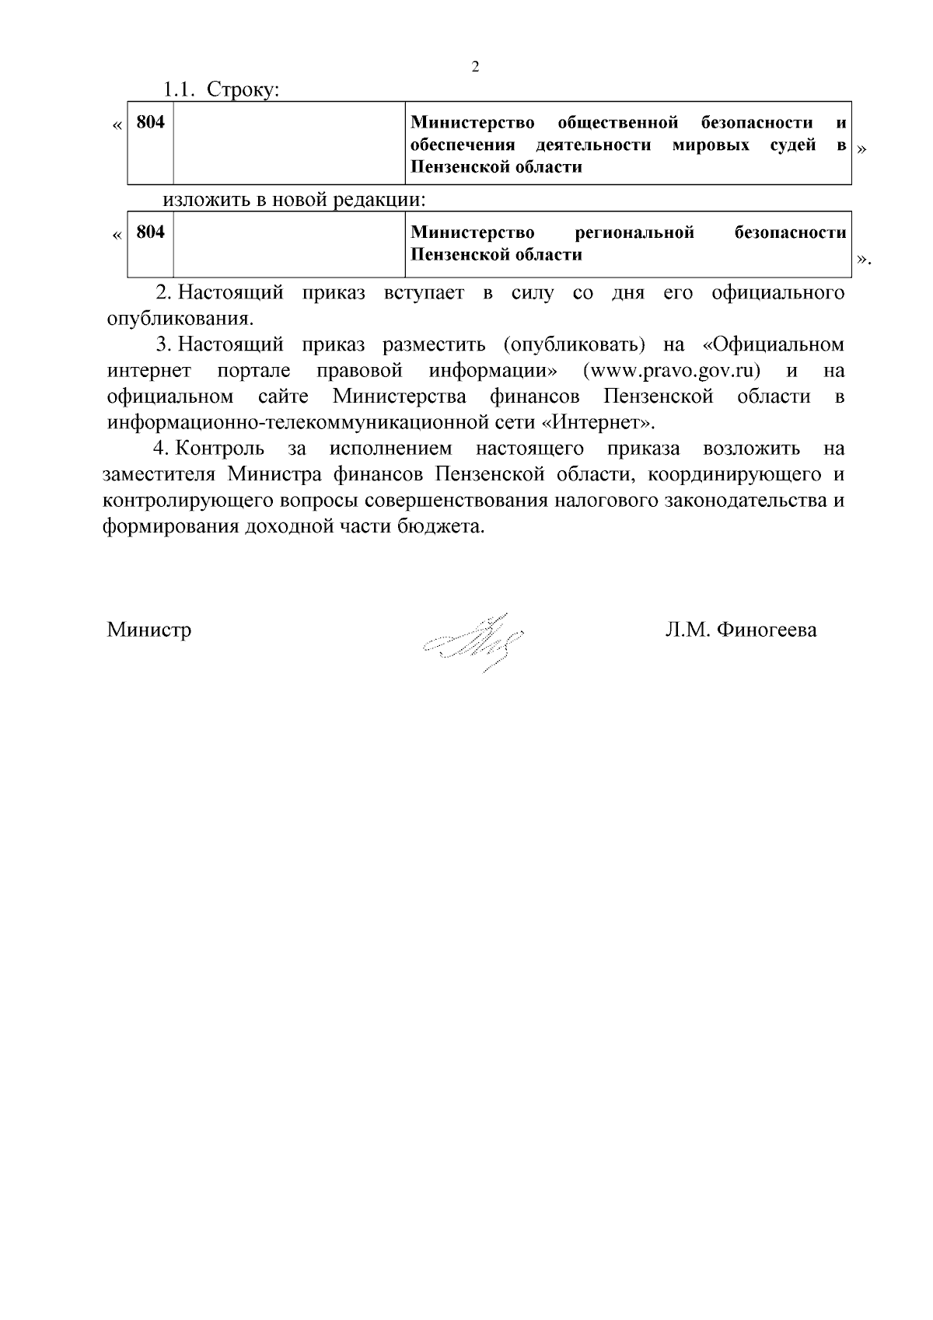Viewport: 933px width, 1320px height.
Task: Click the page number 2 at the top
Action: (476, 67)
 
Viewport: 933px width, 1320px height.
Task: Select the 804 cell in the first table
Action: (150, 123)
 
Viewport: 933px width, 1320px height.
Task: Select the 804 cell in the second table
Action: (150, 232)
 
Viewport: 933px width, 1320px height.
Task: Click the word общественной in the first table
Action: (618, 123)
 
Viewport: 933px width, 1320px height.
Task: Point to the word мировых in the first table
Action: (711, 145)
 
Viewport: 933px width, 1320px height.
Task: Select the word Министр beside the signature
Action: (149, 630)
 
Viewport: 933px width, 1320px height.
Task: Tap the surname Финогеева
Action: (767, 630)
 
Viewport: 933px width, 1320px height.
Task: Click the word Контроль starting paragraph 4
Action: (221, 449)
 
